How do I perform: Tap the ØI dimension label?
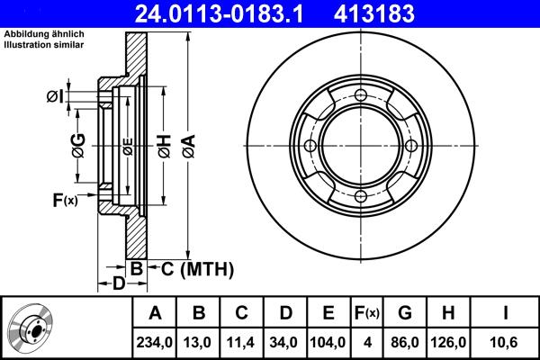56,95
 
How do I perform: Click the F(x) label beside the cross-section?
65,200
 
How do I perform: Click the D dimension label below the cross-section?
117,284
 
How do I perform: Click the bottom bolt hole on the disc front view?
360,196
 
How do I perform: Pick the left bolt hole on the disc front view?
310,147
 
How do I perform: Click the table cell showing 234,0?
155,342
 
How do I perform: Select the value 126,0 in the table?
447,342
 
